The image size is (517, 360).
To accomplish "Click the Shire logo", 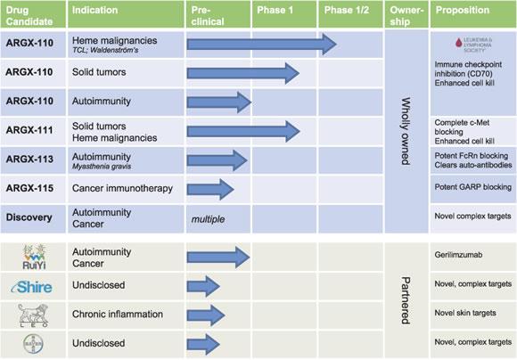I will click(x=32, y=287).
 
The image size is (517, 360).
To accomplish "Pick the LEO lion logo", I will click(x=32, y=315).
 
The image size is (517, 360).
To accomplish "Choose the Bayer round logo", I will click(x=32, y=344).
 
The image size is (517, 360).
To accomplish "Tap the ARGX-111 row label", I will click(x=29, y=131).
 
